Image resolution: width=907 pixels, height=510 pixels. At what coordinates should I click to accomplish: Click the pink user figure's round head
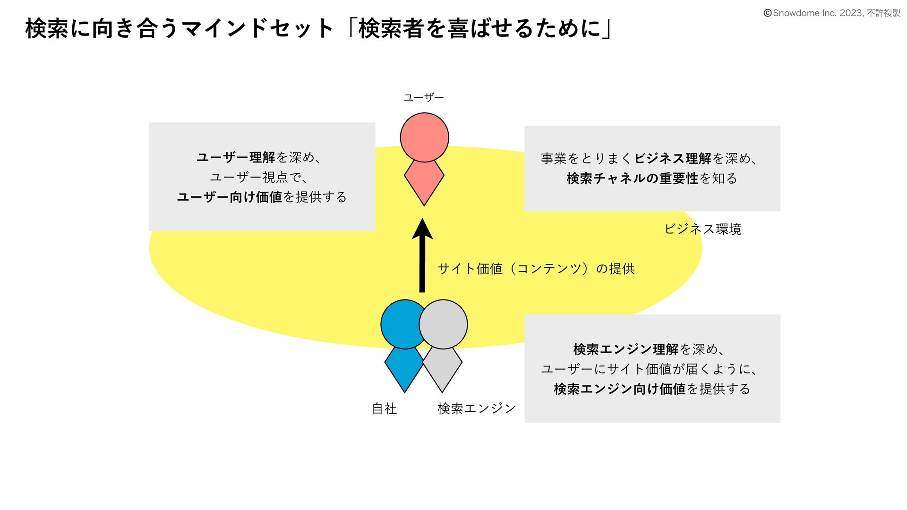[x=424, y=137]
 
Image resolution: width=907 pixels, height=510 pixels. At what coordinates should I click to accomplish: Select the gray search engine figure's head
[x=445, y=324]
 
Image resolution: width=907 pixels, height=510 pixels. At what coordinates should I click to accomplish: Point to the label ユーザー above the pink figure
[x=424, y=98]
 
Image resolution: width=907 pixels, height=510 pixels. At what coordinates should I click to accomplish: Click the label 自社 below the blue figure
[x=384, y=408]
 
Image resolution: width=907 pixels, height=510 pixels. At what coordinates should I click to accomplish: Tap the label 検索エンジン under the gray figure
[x=476, y=408]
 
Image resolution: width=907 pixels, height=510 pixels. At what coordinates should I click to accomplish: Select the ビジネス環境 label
[x=703, y=229]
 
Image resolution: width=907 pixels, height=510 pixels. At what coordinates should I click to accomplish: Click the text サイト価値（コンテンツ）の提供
[x=536, y=269]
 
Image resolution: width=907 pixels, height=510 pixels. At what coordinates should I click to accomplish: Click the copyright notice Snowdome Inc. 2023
[x=831, y=13]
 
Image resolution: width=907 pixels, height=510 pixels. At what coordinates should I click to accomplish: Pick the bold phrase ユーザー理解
[x=236, y=157]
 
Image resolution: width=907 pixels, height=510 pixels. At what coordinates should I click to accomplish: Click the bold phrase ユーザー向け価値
[x=230, y=197]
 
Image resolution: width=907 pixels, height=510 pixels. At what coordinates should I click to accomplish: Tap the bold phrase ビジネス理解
[x=673, y=159]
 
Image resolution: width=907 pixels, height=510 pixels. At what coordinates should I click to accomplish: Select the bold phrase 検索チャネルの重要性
[x=632, y=178]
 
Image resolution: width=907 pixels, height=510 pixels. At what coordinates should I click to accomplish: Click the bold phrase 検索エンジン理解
[x=625, y=349]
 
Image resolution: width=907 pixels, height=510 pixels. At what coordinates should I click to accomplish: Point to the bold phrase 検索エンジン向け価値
[x=619, y=389]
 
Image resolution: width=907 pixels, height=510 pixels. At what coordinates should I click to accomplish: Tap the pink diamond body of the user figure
[x=424, y=182]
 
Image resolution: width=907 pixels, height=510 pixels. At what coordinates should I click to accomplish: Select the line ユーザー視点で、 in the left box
[x=259, y=178]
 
